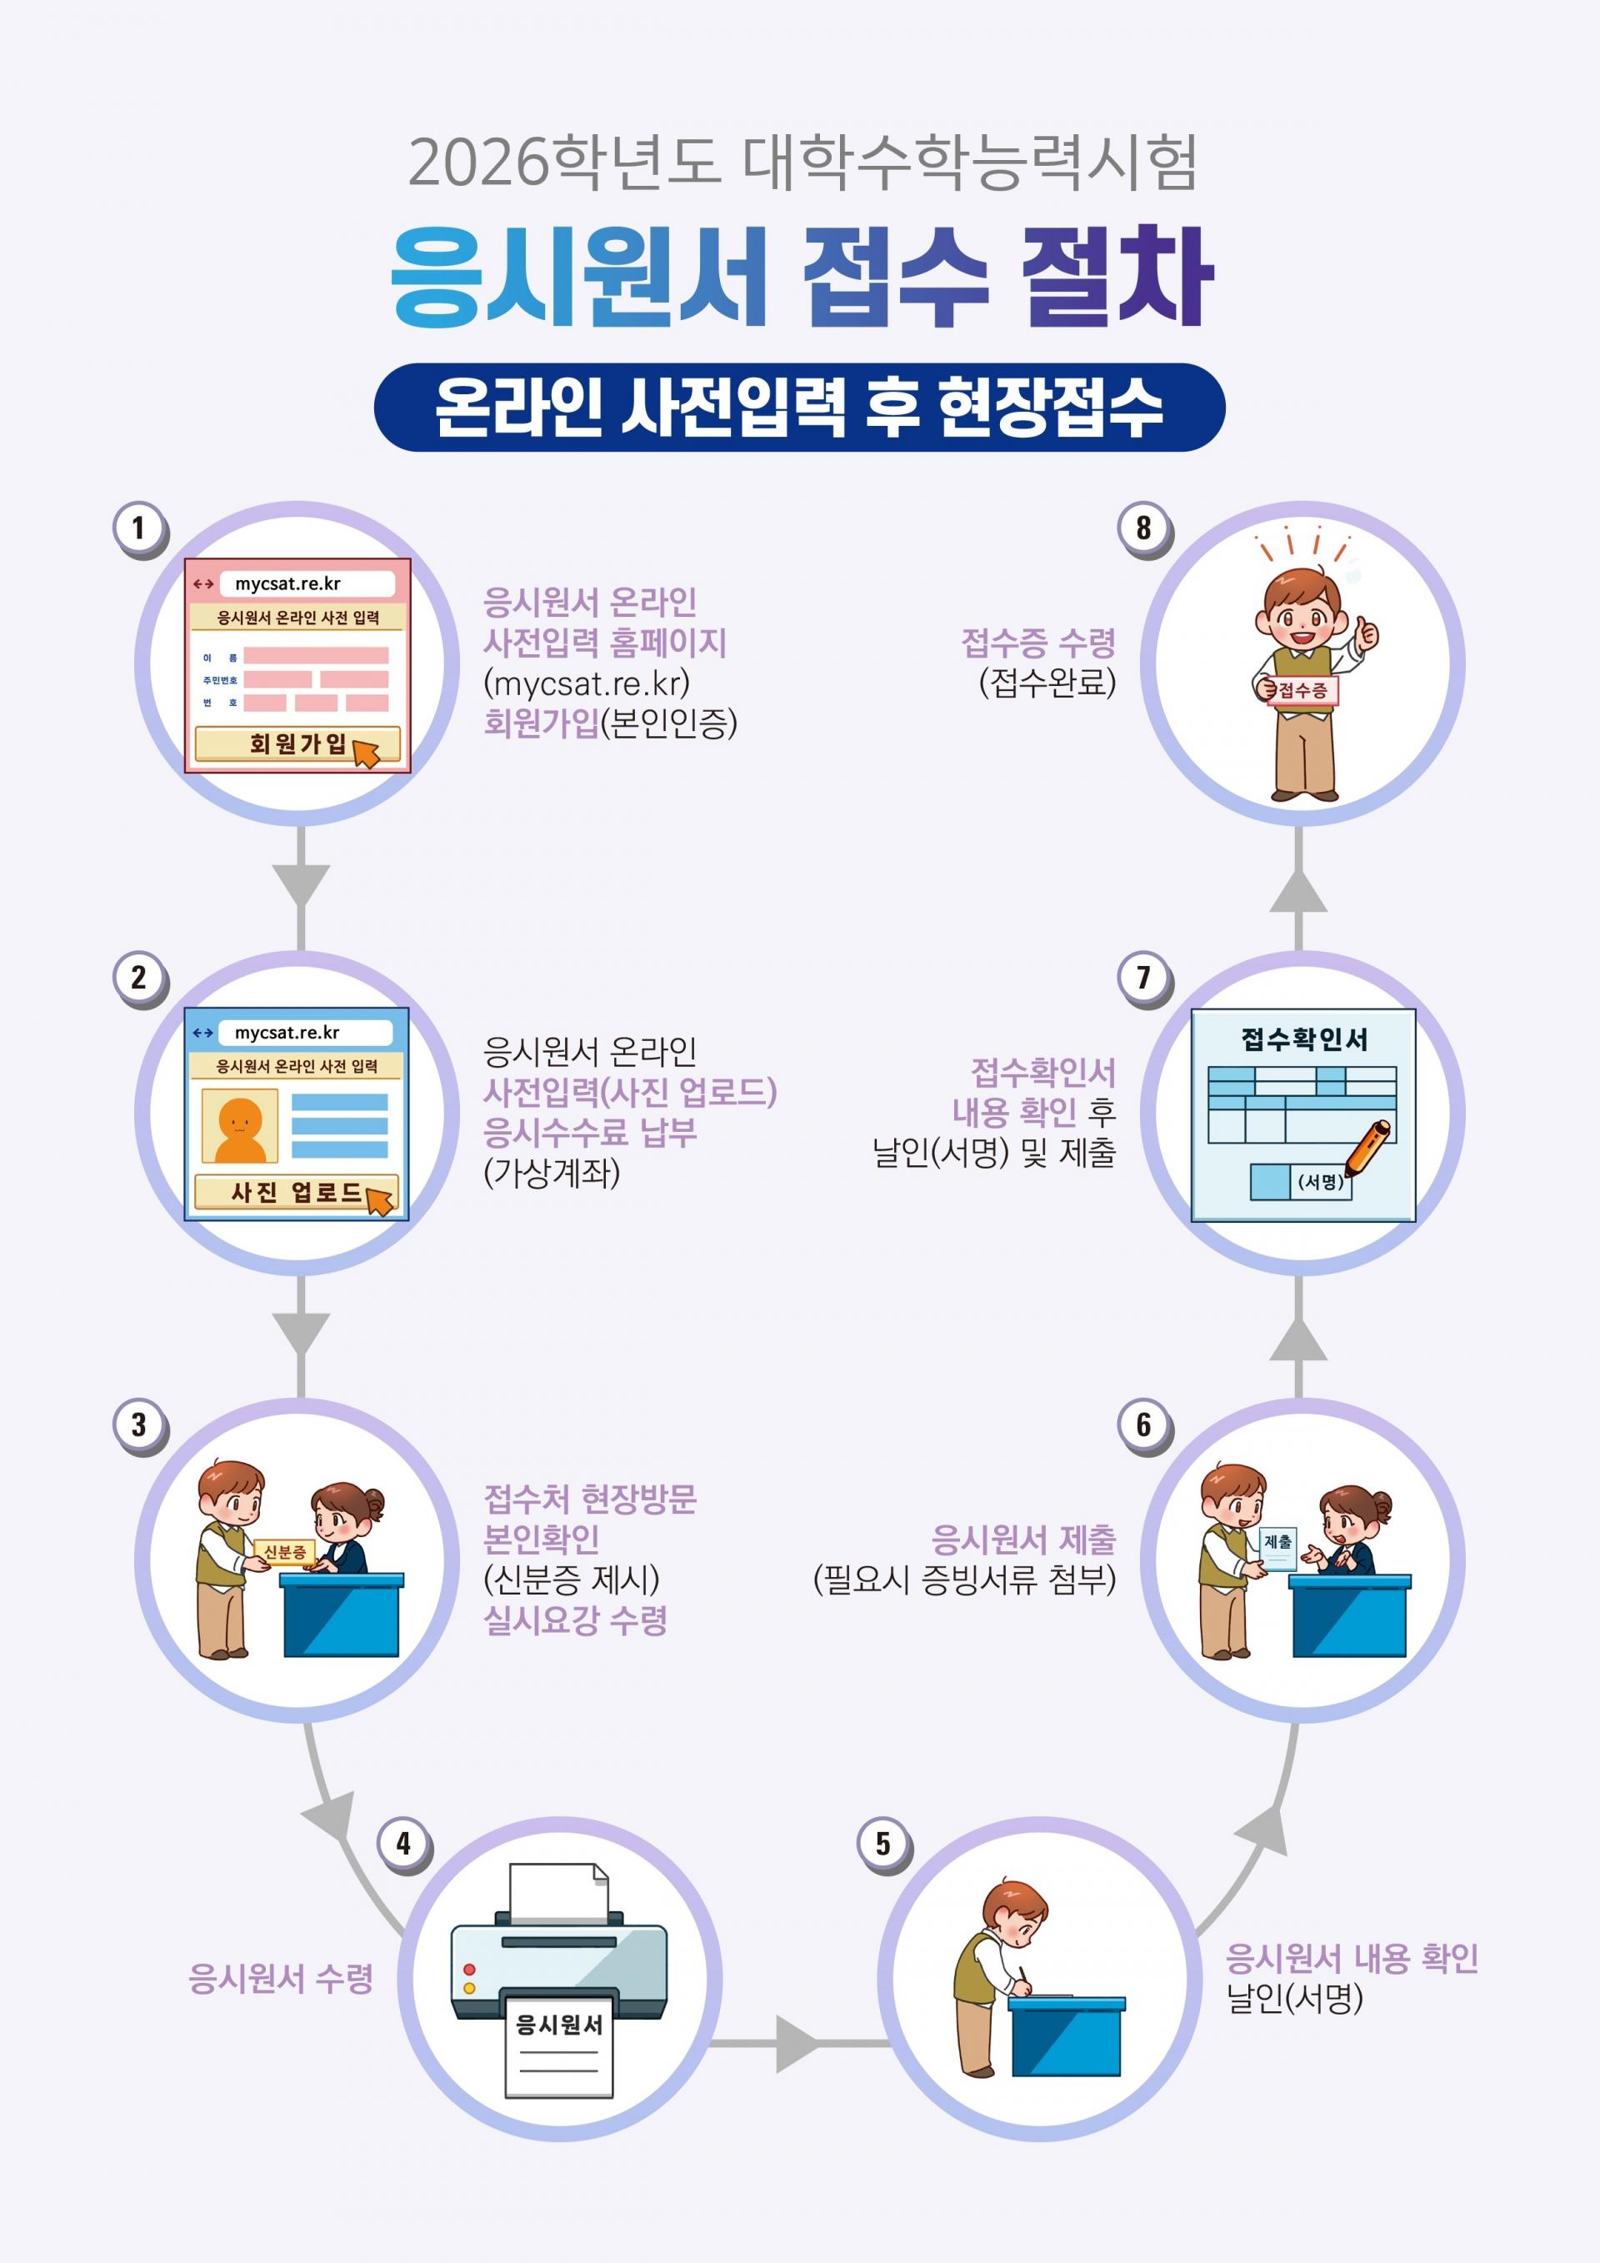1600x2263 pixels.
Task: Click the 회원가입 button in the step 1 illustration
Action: [297, 744]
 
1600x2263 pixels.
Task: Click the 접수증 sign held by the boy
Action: [1302, 691]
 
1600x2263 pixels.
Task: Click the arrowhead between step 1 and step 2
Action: [301, 884]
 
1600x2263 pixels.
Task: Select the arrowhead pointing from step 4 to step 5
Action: [797, 2043]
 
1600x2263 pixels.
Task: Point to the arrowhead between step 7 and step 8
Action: [1297, 891]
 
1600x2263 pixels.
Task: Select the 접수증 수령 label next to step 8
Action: [1038, 643]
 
